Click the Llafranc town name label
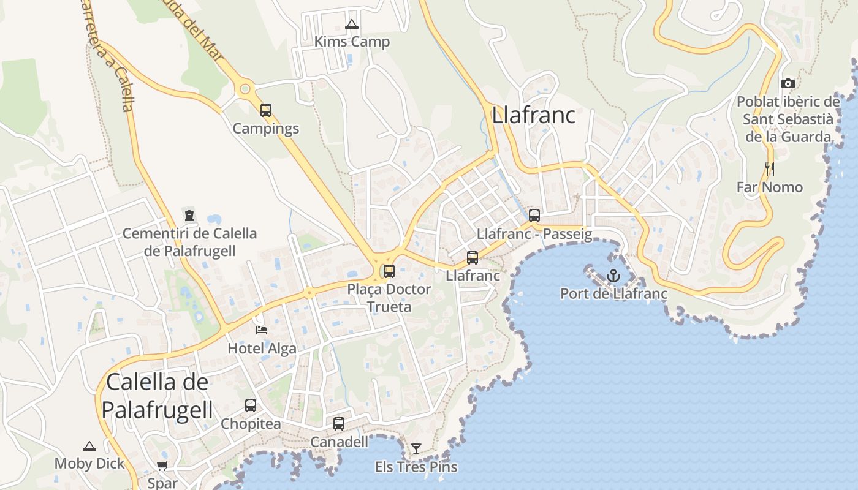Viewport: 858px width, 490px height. (534, 115)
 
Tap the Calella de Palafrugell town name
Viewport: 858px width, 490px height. (158, 396)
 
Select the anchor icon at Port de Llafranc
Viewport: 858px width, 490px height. (613, 276)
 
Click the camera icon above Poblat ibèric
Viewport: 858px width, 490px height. (788, 83)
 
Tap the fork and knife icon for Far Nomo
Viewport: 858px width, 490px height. (770, 168)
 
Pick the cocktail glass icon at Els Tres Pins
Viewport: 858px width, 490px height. (416, 449)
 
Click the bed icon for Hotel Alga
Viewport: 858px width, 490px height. (262, 330)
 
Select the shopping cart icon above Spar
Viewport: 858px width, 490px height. (162, 466)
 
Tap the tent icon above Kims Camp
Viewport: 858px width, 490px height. (351, 24)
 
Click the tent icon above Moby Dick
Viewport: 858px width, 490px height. (89, 446)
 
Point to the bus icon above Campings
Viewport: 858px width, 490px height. (266, 110)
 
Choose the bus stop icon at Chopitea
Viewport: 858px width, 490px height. (251, 405)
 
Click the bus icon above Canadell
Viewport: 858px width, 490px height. (339, 424)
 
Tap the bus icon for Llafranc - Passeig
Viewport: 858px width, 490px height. (534, 216)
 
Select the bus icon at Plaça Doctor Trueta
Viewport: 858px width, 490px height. (389, 271)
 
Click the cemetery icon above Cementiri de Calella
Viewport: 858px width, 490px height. (189, 216)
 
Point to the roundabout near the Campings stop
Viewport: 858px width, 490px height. (245, 89)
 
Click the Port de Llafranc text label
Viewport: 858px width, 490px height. (614, 294)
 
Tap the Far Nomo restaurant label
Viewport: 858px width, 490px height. (770, 187)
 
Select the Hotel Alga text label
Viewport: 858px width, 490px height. (262, 349)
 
